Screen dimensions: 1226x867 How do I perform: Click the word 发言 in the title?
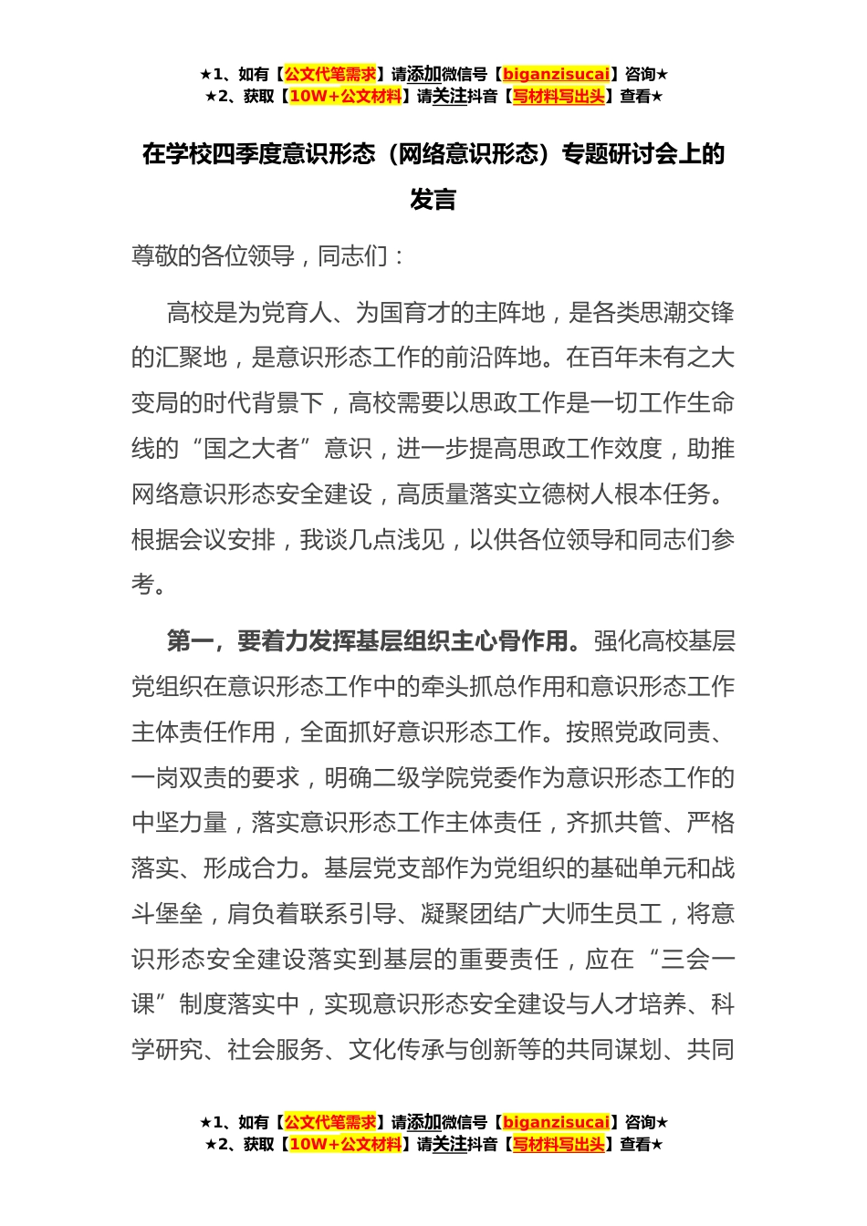pos(433,199)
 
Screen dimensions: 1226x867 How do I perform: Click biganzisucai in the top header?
pos(556,74)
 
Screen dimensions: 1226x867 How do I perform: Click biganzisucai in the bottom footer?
pos(556,1122)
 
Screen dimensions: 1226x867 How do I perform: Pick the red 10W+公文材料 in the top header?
pos(345,96)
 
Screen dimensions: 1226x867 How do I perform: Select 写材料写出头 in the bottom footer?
pos(559,1144)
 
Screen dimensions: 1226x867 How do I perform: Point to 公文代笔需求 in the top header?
pos(330,74)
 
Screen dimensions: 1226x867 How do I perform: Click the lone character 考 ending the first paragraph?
pos(143,585)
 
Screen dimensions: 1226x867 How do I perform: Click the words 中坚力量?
pos(179,823)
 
